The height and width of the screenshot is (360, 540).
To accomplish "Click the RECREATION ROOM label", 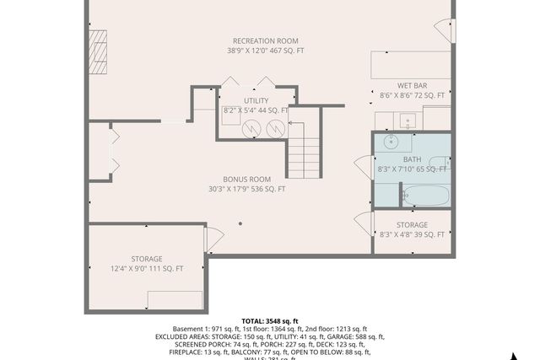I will pyautogui.click(x=266, y=40).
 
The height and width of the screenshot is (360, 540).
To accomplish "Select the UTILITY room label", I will pyautogui.click(x=256, y=100).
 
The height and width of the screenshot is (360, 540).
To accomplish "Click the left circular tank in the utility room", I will pyautogui.click(x=252, y=128).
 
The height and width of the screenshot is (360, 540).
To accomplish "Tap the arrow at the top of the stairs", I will pyautogui.click(x=297, y=123).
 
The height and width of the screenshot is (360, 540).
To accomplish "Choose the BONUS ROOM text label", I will pyautogui.click(x=246, y=179).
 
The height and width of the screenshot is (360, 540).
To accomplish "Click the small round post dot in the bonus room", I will pyautogui.click(x=240, y=223).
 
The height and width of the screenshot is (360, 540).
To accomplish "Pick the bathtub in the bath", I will pyautogui.click(x=425, y=196).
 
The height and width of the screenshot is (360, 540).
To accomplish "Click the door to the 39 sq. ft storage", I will pyautogui.click(x=364, y=223).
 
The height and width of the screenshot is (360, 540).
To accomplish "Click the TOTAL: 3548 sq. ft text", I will pyautogui.click(x=269, y=321).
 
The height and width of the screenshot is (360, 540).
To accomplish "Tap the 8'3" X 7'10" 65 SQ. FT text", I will pyautogui.click(x=412, y=169).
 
